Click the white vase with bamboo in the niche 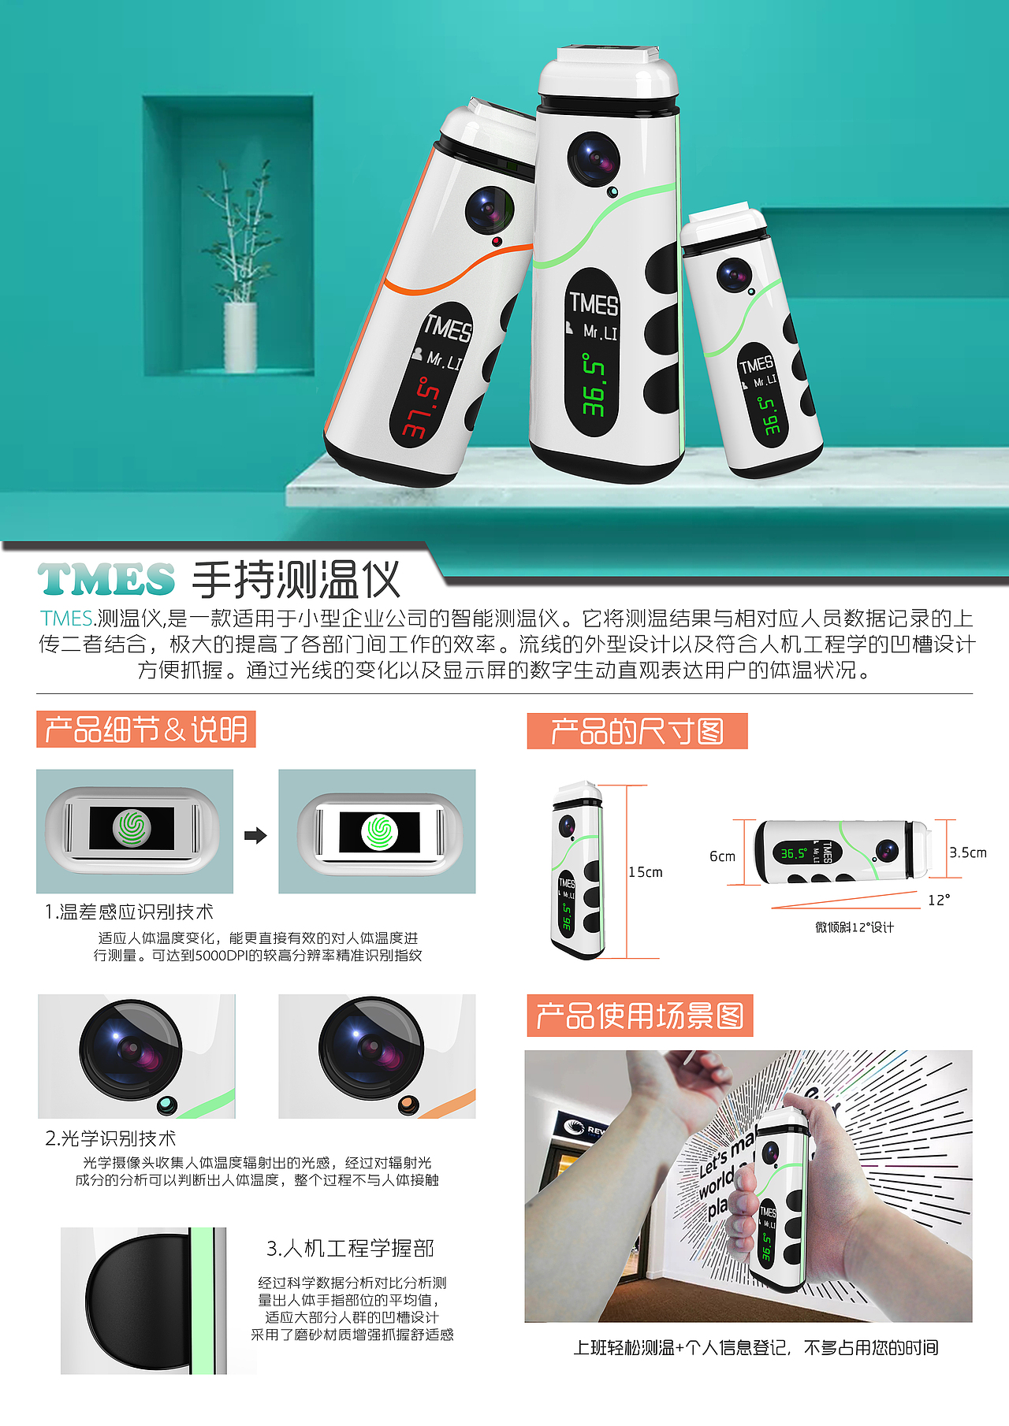click(240, 336)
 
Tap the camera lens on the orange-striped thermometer click(489, 209)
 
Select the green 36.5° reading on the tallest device click(594, 384)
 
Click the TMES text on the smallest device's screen click(756, 364)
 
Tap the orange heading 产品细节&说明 click(146, 730)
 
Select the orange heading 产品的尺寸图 click(637, 731)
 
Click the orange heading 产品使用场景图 click(639, 1016)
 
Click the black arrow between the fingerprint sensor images click(255, 835)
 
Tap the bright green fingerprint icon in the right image click(379, 832)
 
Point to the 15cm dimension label click(646, 872)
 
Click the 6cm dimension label click(722, 856)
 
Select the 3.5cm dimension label click(968, 852)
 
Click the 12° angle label click(939, 900)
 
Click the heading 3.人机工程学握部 click(350, 1248)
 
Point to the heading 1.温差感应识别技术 click(129, 912)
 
